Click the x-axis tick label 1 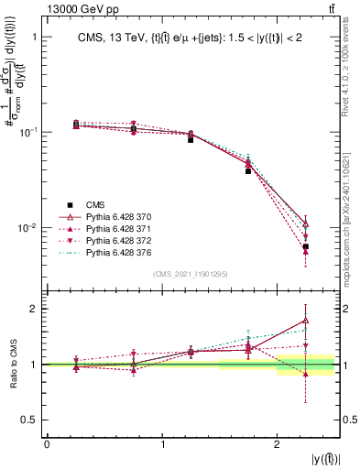162,445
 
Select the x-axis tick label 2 278,445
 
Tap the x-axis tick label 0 47,445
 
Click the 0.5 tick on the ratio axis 32,420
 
